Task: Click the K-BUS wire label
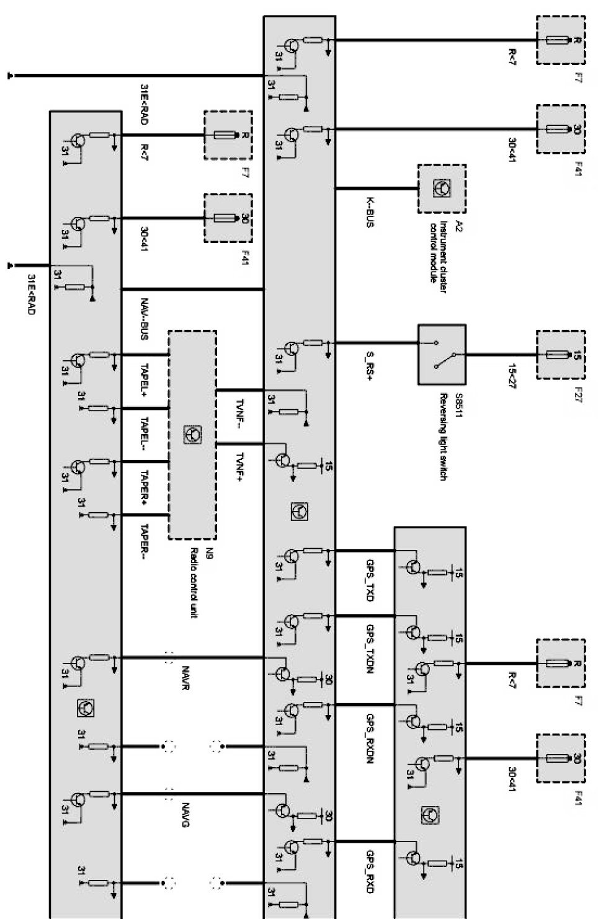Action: [x=370, y=213]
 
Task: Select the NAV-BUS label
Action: [x=144, y=319]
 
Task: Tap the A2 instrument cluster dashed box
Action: [x=442, y=189]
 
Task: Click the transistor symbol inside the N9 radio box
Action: [x=192, y=435]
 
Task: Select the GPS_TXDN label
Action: [x=370, y=649]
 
